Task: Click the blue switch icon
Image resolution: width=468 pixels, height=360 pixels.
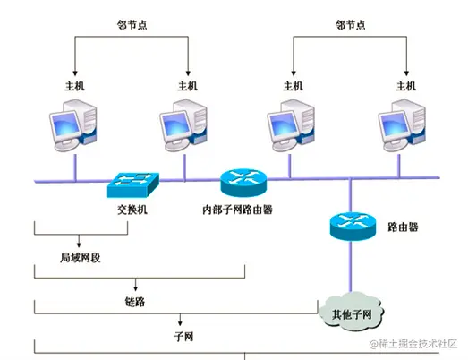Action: click(x=132, y=184)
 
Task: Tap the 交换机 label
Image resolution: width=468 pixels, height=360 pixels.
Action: click(x=132, y=210)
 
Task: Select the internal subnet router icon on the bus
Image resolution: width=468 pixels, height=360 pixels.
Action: click(x=243, y=183)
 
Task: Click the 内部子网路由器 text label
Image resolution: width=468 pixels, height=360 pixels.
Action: click(x=237, y=210)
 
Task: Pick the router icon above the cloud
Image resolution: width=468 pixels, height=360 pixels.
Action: click(x=351, y=225)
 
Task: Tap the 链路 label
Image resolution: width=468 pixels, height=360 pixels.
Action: click(x=135, y=302)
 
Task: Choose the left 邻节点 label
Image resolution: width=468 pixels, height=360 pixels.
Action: click(x=132, y=27)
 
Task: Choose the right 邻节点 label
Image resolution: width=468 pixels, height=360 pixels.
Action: click(x=351, y=27)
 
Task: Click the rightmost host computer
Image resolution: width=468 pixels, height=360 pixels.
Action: click(x=405, y=130)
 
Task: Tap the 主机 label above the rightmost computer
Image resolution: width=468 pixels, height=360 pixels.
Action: click(x=406, y=87)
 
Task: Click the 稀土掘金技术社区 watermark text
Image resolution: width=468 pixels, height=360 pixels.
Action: click(x=413, y=344)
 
